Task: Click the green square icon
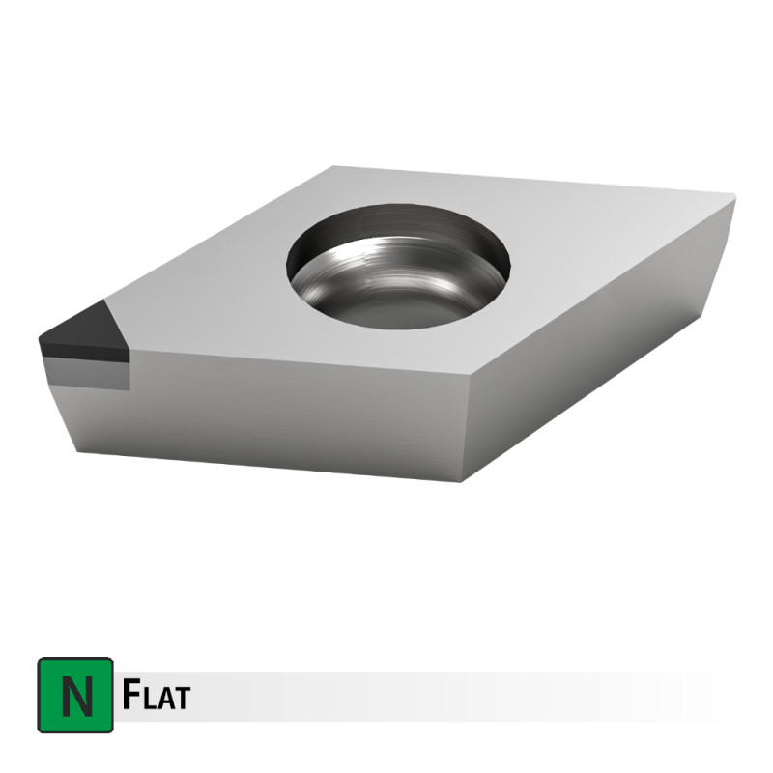[x=75, y=695]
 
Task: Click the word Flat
[x=156, y=694]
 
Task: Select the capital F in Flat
[x=129, y=694]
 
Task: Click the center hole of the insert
[x=398, y=267]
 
